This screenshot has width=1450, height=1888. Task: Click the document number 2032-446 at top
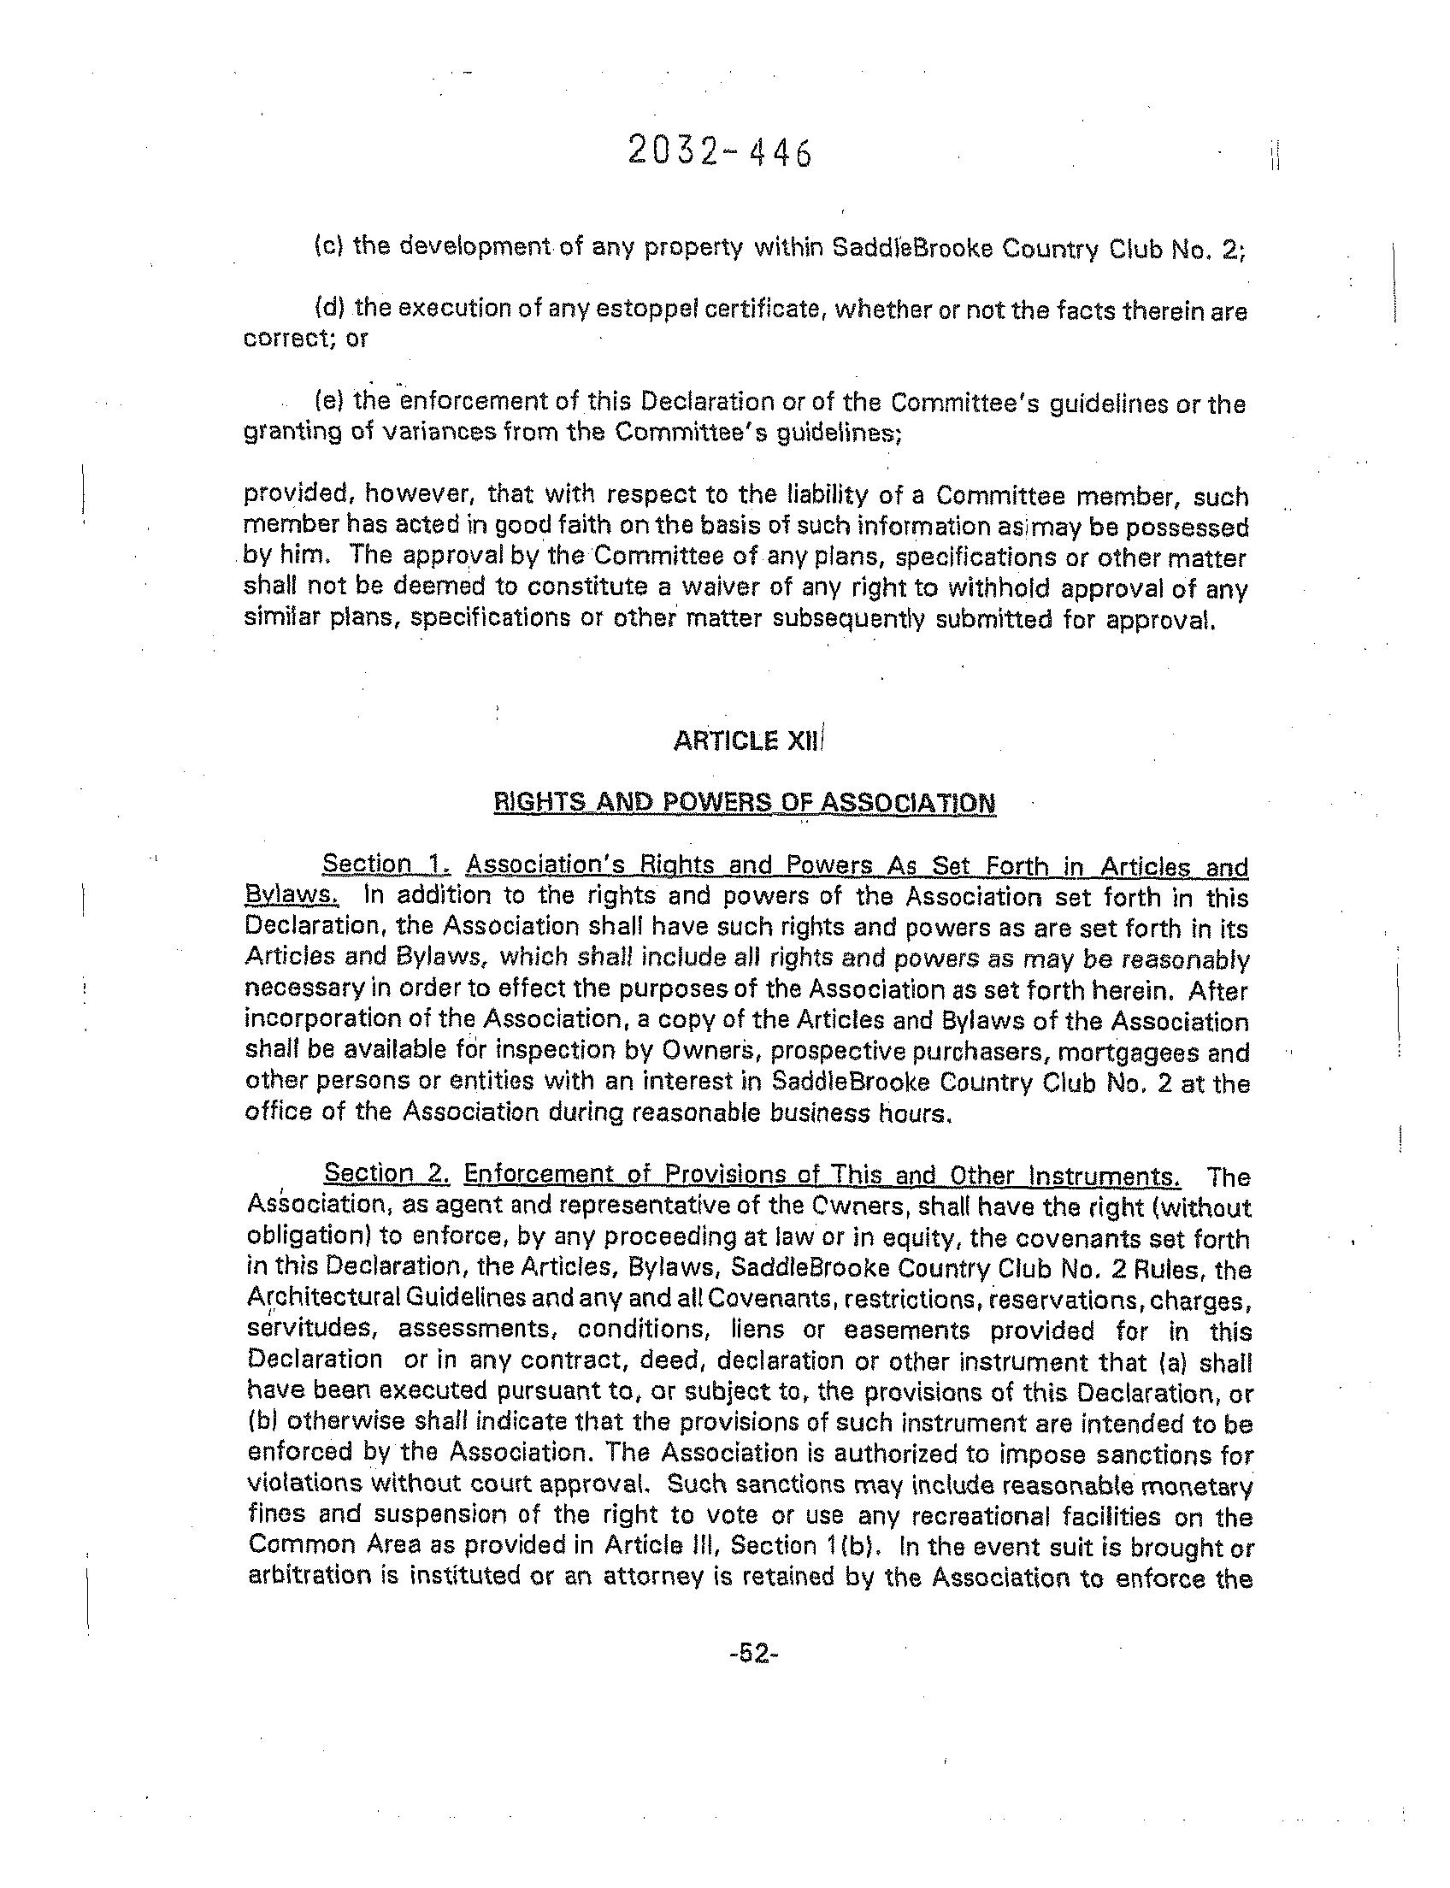pyautogui.click(x=719, y=153)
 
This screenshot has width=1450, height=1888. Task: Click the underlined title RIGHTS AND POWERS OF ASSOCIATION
pyautogui.click(x=744, y=803)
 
